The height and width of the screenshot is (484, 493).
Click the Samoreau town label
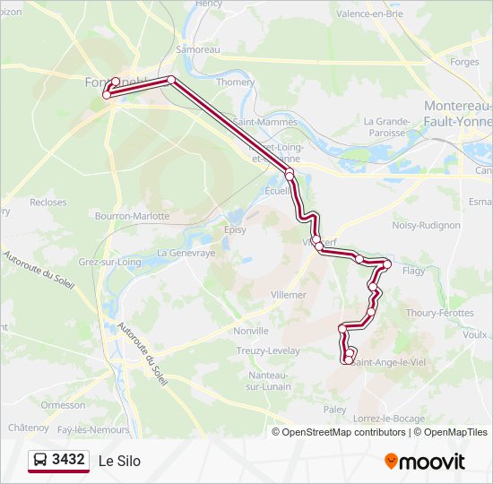198,49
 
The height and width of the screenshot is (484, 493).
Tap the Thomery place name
236,82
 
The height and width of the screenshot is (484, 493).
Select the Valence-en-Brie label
370,14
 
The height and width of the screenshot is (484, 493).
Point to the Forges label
464,62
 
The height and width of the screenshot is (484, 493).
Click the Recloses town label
48,203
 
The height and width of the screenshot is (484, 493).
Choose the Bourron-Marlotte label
132,216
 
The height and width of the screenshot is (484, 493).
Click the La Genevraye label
186,254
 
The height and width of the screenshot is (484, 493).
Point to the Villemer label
288,294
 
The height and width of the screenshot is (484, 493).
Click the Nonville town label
250,330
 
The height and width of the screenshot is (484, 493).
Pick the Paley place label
334,409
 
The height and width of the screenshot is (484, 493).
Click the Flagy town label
414,270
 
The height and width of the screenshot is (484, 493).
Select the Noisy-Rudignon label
426,225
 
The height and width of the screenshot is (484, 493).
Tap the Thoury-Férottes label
440,313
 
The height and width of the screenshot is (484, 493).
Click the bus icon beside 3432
40,461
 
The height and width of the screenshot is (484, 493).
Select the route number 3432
69,461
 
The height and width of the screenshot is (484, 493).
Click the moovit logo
425,462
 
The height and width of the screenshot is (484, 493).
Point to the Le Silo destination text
119,462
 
